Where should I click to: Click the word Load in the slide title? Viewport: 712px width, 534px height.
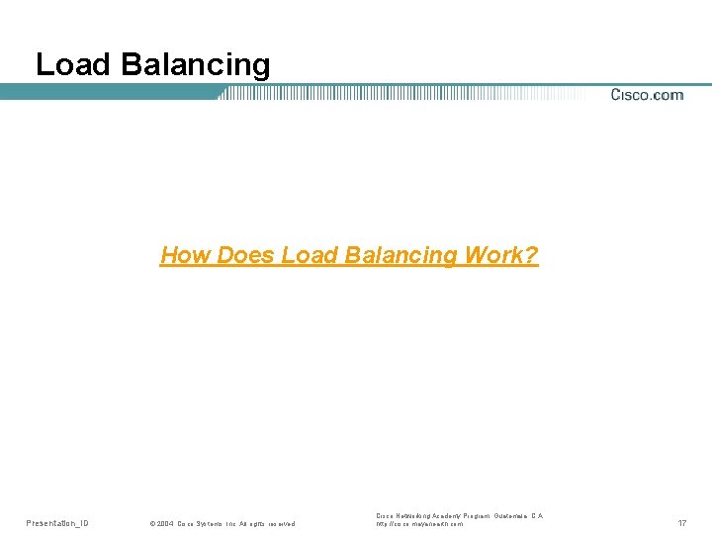point(74,65)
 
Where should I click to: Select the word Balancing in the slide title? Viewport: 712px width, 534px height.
point(195,65)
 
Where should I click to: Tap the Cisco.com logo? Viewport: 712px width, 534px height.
point(647,95)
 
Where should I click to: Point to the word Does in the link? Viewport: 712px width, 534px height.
point(245,256)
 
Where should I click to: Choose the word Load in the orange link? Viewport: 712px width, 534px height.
point(310,256)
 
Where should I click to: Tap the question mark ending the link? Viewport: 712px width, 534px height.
point(532,256)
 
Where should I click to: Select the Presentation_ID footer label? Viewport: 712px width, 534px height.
point(56,522)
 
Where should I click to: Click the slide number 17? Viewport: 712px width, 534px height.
point(681,522)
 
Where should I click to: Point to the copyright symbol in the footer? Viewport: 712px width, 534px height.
point(150,523)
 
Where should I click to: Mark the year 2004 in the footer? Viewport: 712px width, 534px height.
point(163,523)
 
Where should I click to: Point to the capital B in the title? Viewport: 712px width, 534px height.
point(130,65)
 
